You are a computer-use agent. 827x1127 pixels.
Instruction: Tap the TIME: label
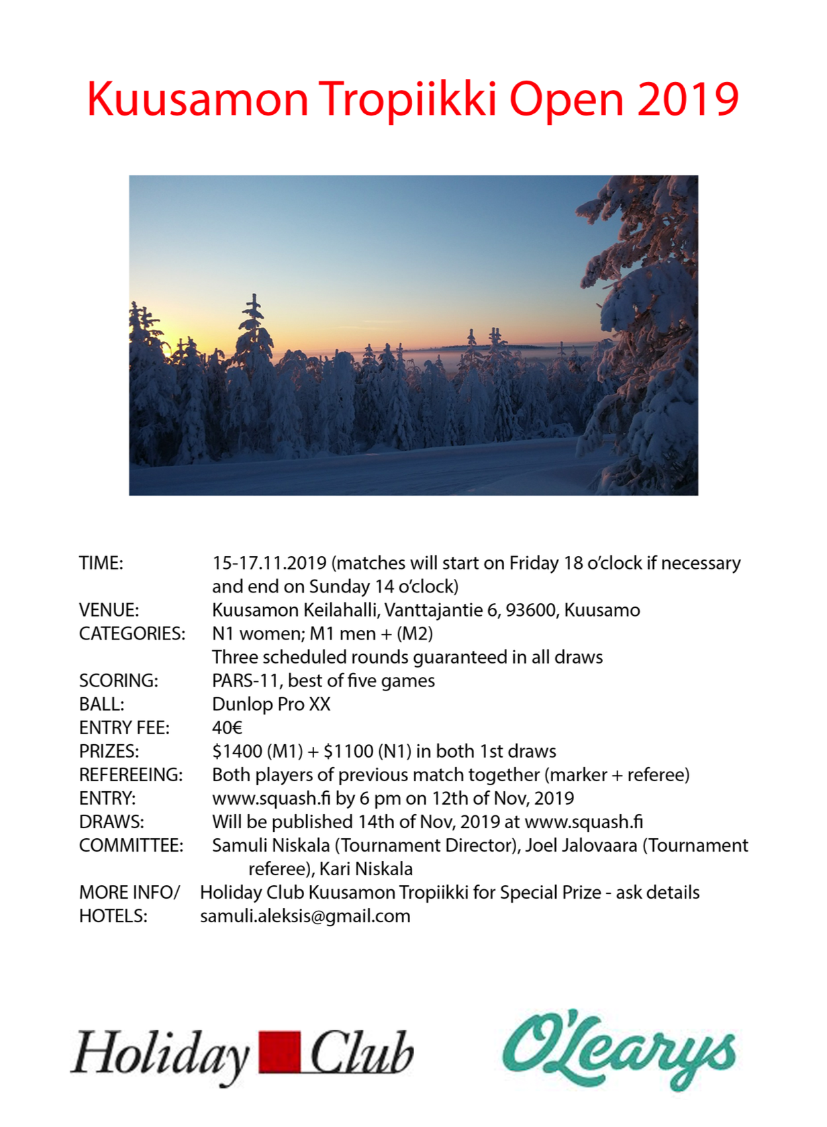point(101,563)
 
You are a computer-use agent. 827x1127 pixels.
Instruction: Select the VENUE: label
point(109,610)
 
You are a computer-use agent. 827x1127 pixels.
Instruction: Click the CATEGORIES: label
point(132,633)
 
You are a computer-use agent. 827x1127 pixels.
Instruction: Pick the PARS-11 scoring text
point(245,680)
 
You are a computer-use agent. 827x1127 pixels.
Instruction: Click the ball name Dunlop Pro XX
point(271,704)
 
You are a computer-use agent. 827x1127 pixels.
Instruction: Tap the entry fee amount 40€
point(227,727)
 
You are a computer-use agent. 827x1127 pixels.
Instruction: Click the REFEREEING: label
point(131,774)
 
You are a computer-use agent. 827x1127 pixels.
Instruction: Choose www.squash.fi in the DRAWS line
point(583,821)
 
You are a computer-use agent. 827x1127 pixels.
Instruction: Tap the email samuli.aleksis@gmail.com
point(305,916)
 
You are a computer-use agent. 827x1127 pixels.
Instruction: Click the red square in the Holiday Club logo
point(279,1052)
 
